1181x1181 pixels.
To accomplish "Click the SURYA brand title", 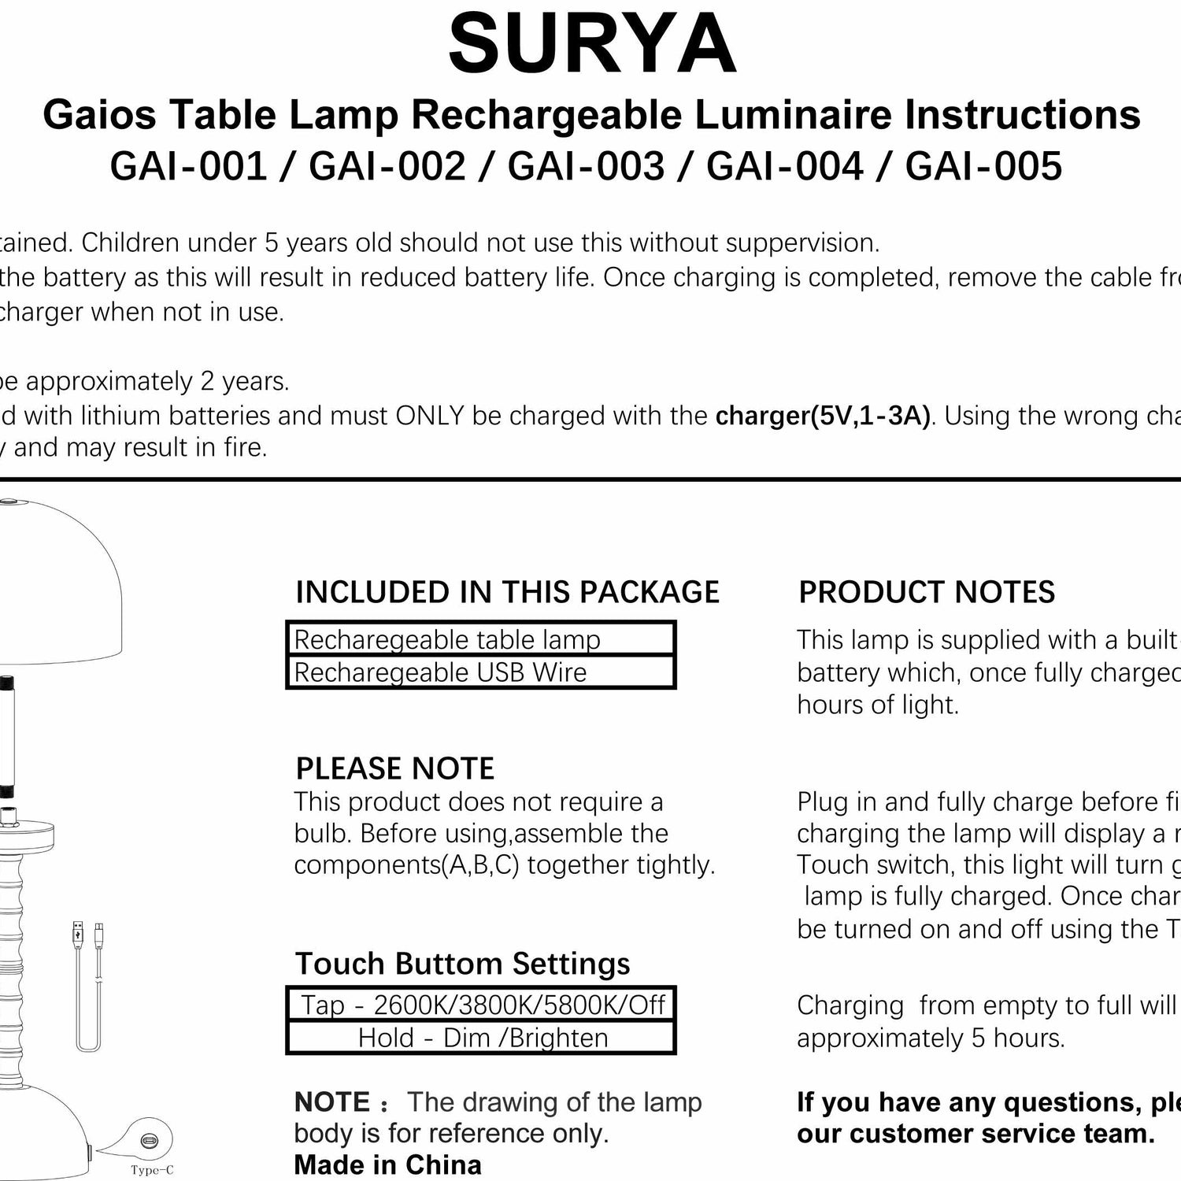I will point(592,45).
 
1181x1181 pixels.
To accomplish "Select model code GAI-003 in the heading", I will point(586,166).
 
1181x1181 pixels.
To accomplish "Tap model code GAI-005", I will point(983,166).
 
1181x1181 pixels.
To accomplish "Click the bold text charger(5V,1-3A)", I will point(822,415).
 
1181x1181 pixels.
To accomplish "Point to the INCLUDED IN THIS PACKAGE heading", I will point(507,592).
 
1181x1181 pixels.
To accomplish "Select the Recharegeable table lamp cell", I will point(480,639).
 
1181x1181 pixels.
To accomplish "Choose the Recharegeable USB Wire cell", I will point(480,672).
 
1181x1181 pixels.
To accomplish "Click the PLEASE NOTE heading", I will point(394,768).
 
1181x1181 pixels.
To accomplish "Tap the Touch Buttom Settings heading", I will point(462,964).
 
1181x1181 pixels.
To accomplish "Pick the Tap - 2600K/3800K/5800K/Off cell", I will point(481,1005).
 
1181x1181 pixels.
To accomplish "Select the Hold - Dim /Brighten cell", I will point(481,1038).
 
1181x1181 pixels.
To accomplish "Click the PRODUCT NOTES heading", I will point(927,592).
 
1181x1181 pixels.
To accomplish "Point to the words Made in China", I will point(387,1164).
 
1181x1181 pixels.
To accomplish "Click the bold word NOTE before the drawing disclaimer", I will point(331,1102).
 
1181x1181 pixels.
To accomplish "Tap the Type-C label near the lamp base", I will point(152,1171).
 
